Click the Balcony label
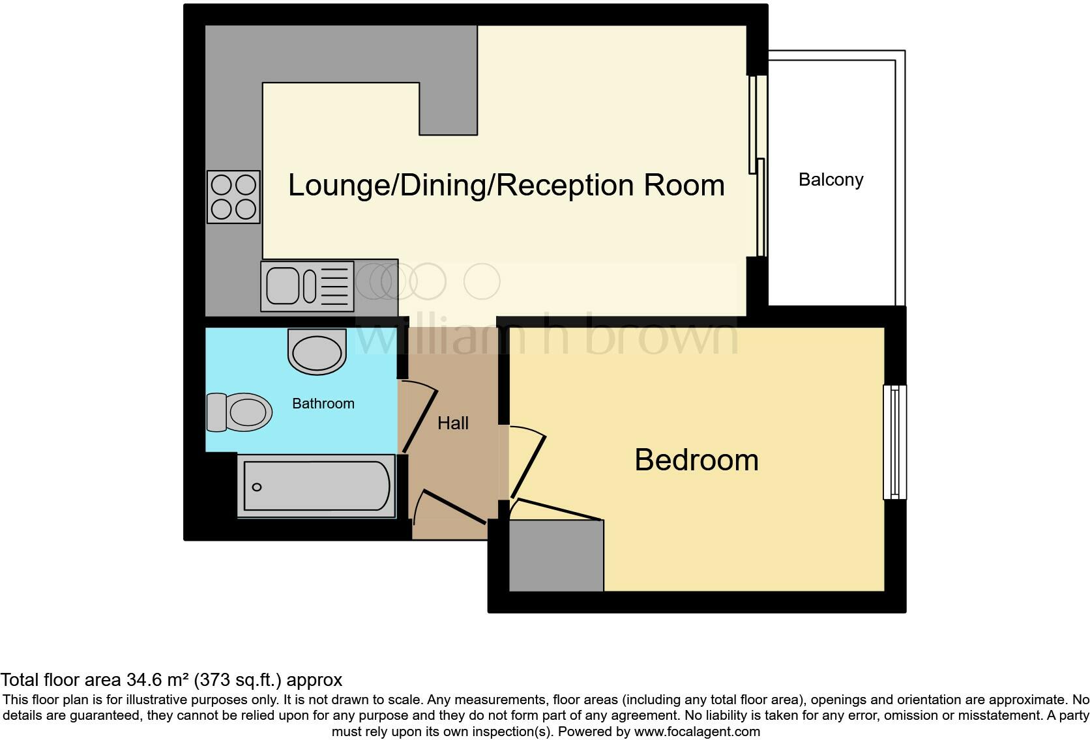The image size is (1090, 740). (x=831, y=180)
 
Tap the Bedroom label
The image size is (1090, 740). (x=696, y=460)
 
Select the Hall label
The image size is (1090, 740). (x=452, y=423)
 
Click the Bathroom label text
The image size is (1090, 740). (x=323, y=404)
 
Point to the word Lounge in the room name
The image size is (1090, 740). (x=339, y=186)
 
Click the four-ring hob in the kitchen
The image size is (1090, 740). (x=233, y=197)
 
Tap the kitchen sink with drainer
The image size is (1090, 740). (x=307, y=286)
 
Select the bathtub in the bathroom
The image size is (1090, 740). (x=316, y=486)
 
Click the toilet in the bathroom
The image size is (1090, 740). (x=239, y=412)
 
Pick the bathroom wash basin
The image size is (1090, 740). (x=317, y=352)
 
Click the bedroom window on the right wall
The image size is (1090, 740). (x=894, y=442)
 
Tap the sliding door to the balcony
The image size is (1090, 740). (x=757, y=166)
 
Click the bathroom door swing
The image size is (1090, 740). (x=418, y=417)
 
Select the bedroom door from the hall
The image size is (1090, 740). (x=527, y=463)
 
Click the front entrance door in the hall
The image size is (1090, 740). (x=450, y=507)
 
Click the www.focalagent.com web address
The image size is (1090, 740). (x=697, y=732)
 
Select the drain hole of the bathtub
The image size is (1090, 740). (x=257, y=487)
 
